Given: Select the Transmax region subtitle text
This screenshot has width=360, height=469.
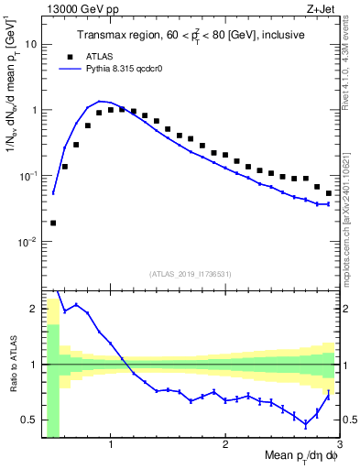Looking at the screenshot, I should (x=190, y=35).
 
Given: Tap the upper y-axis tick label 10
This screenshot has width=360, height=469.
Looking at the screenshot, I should (x=32, y=44).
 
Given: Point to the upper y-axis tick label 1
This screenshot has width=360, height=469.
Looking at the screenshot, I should (x=35, y=110).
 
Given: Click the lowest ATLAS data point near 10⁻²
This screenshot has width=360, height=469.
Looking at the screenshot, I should (x=53, y=223).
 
